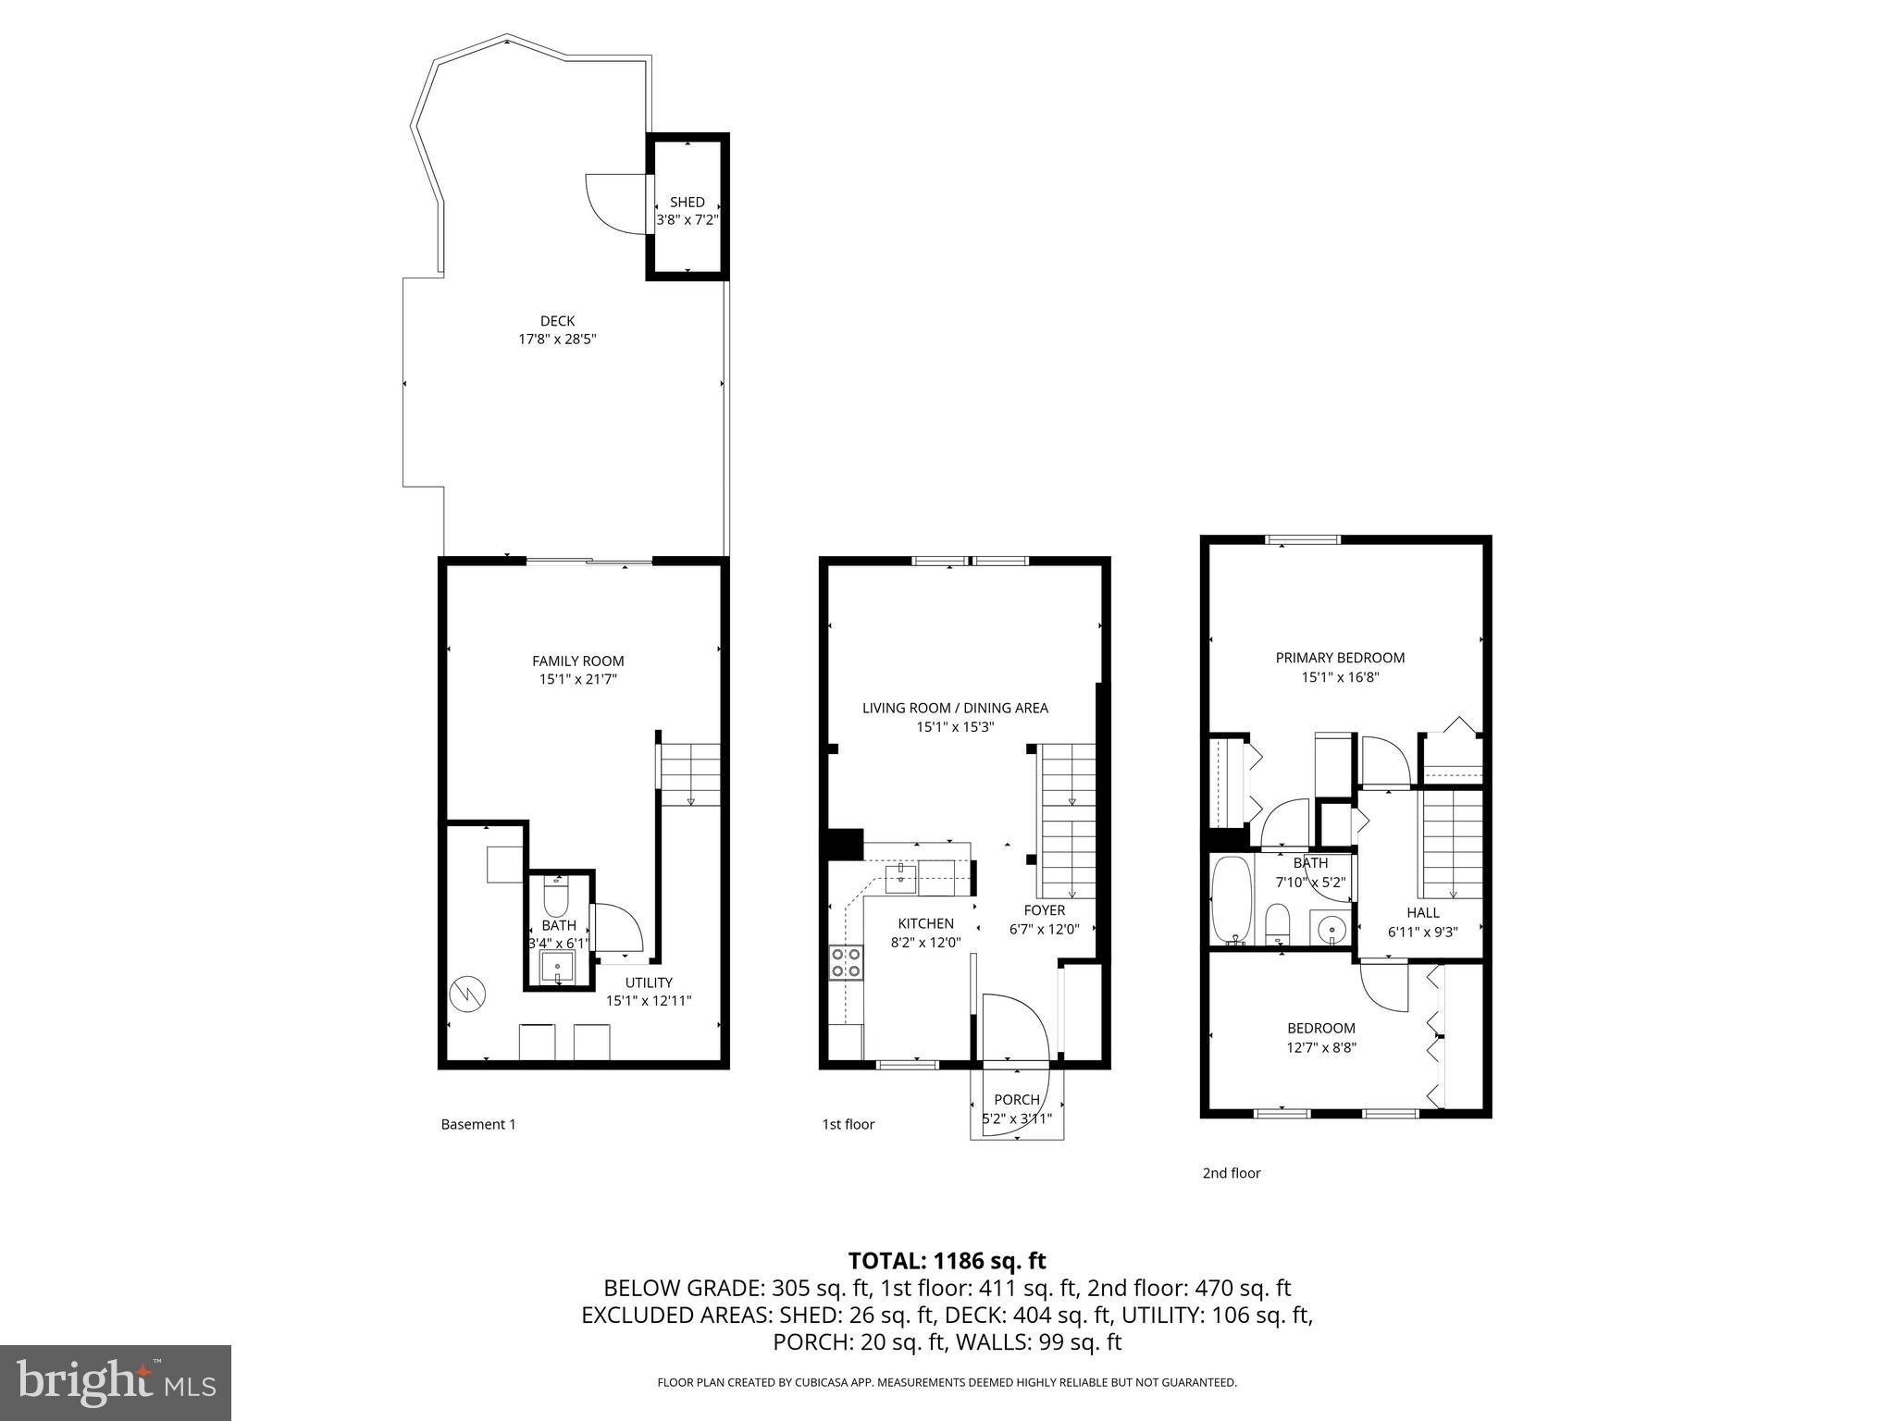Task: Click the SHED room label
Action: [687, 202]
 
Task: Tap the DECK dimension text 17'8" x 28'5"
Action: [557, 340]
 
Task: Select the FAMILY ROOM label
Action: [577, 661]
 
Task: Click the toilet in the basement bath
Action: [555, 898]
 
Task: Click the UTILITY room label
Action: [649, 982]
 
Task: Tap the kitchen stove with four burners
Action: [846, 962]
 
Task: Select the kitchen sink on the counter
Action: [900, 878]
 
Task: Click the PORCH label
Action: [1016, 1099]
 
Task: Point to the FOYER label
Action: [1044, 910]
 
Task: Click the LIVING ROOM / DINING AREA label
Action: [955, 708]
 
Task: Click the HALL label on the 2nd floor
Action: [1422, 912]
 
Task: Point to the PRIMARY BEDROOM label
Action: [1340, 658]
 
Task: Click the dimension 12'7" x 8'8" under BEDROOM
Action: [1321, 1047]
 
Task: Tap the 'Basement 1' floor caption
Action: [477, 1124]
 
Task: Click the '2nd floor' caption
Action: [1231, 1173]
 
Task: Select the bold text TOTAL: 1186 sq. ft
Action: [947, 1260]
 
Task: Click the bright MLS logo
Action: [116, 1382]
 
